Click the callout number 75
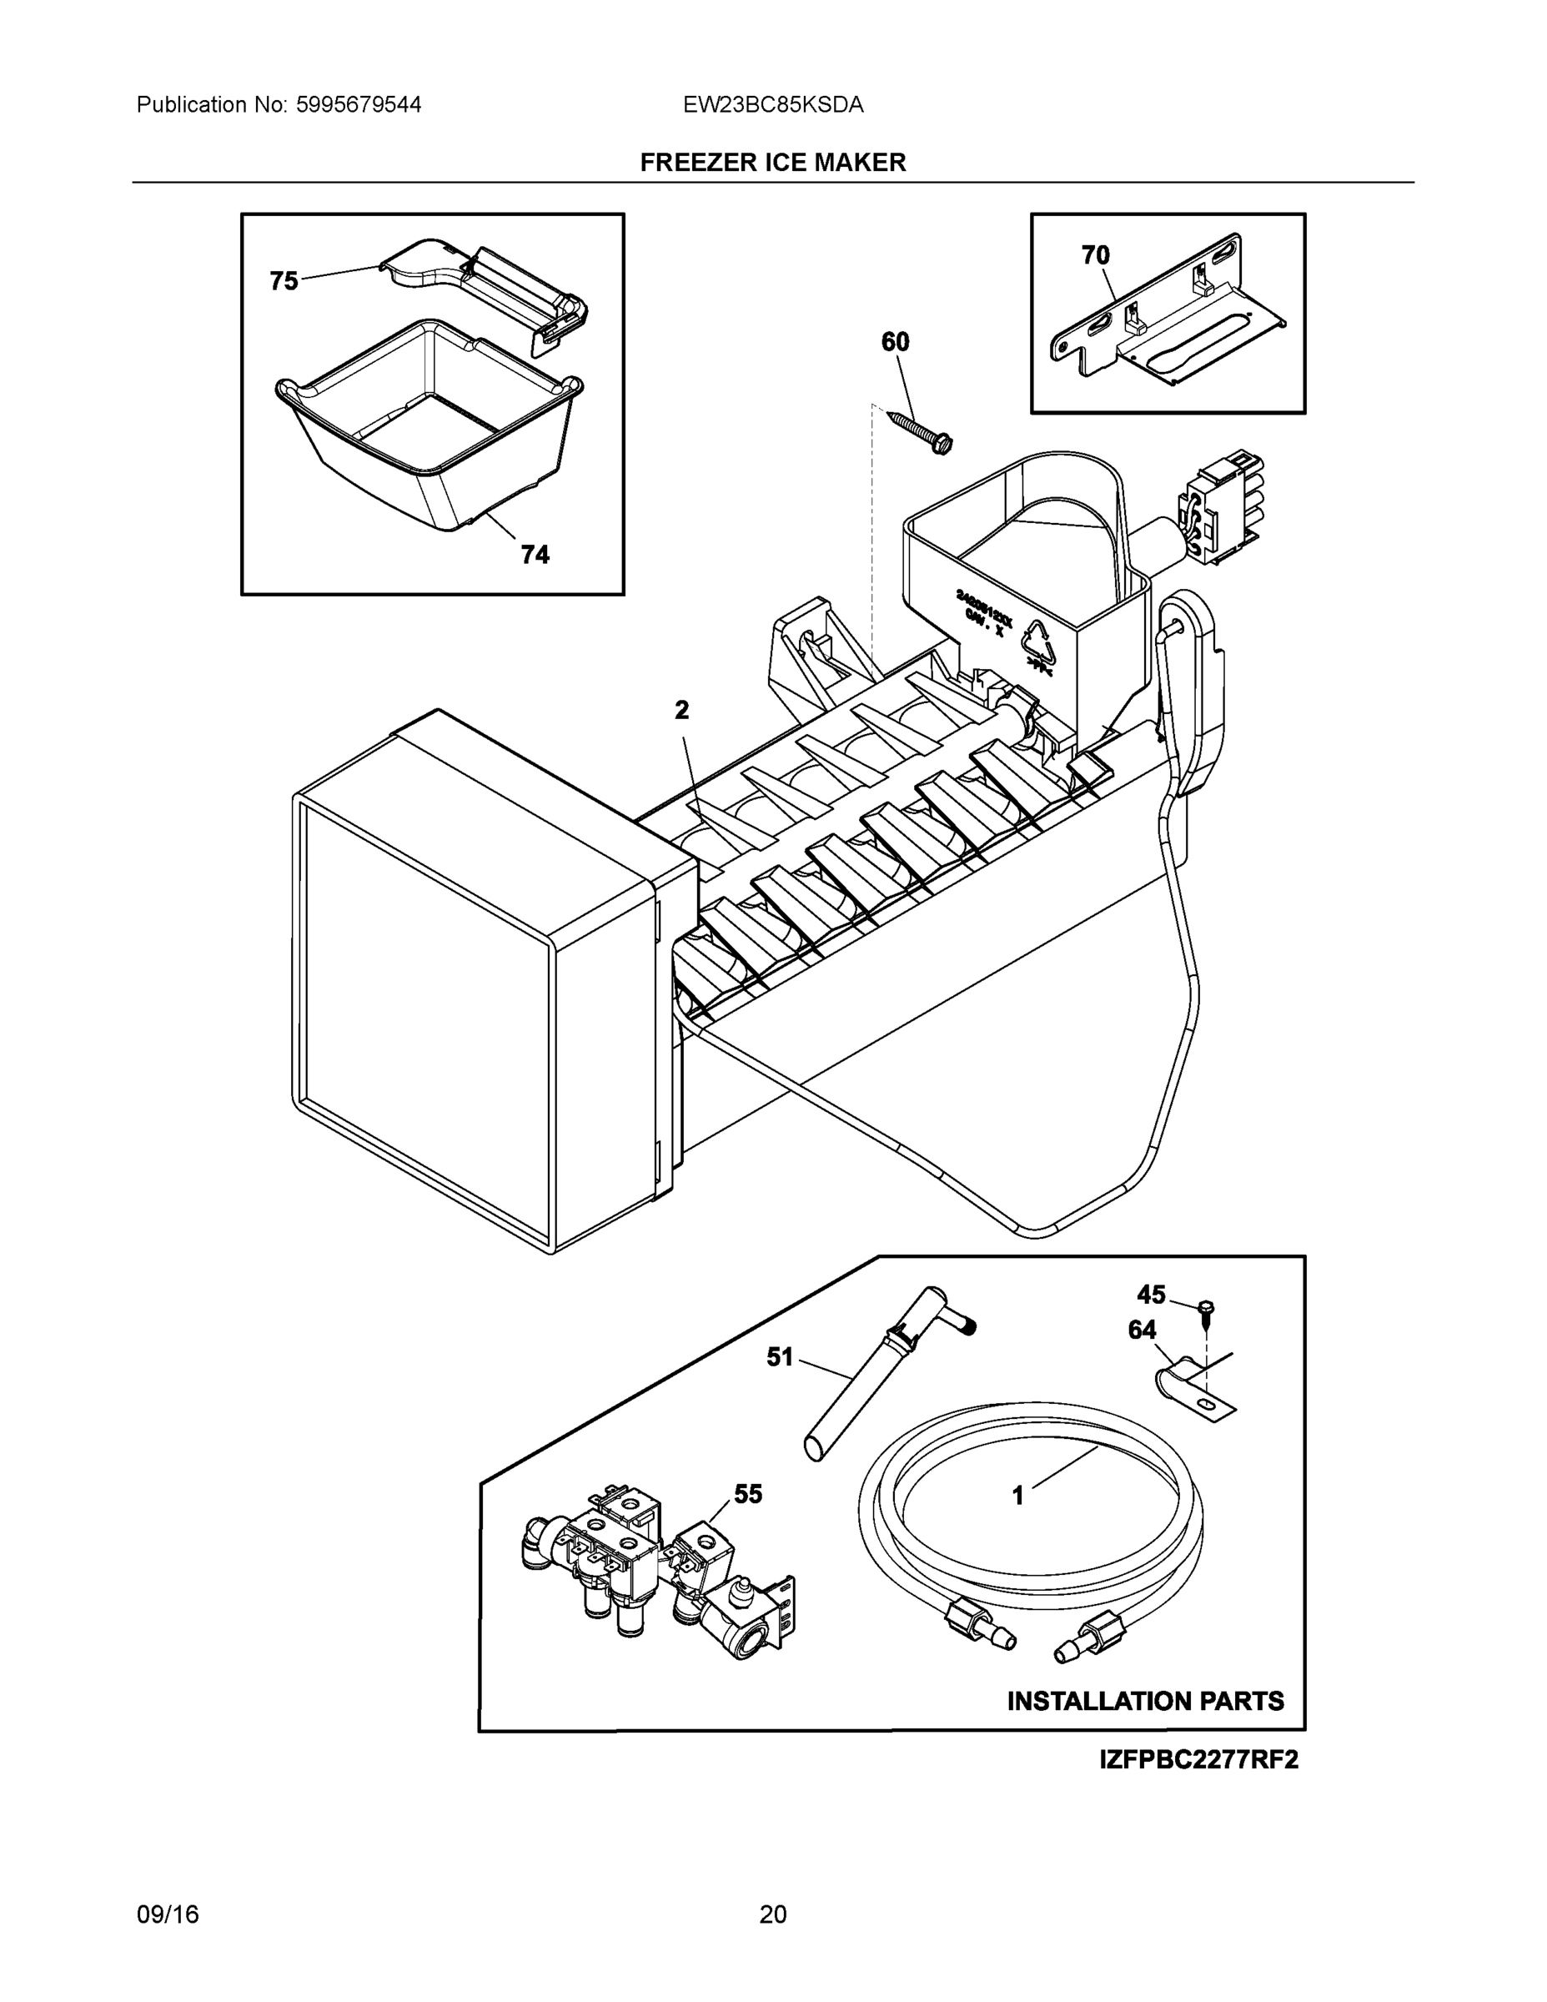pyautogui.click(x=284, y=280)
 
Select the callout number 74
pyautogui.click(x=535, y=554)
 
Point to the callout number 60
pyautogui.click(x=896, y=342)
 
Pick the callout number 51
pyautogui.click(x=780, y=1356)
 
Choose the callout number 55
pyautogui.click(x=748, y=1494)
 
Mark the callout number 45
pyautogui.click(x=1151, y=1295)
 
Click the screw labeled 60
pyautogui.click(x=921, y=430)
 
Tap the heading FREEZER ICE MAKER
pyautogui.click(x=772, y=163)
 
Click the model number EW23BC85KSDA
pyautogui.click(x=772, y=104)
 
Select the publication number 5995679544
pyautogui.click(x=359, y=104)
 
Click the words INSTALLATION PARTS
pyautogui.click(x=1145, y=1702)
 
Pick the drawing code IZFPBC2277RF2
pyautogui.click(x=1198, y=1760)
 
